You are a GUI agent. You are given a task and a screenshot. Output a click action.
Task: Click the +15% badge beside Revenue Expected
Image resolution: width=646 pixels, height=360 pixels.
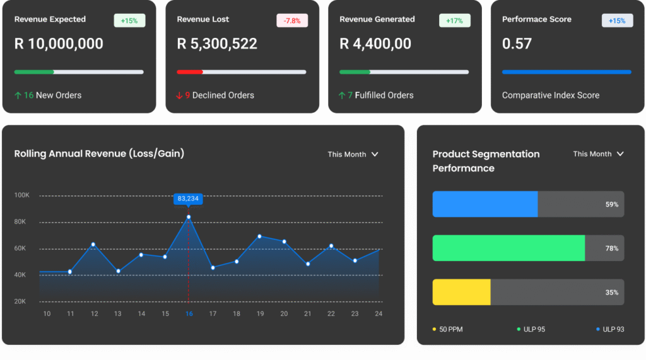[x=129, y=21]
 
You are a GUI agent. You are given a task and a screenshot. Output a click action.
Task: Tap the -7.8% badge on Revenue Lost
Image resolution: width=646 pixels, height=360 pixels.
[x=291, y=21]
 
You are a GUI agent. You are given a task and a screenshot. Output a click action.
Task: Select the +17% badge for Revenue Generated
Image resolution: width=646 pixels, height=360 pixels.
[x=454, y=21]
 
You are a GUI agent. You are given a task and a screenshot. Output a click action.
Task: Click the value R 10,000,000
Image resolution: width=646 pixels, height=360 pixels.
[x=59, y=44]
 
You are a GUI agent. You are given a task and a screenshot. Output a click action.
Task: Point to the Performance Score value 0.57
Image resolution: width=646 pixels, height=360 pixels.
[x=517, y=44]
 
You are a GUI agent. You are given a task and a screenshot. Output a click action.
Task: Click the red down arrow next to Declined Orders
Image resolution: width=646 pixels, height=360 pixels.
[x=179, y=96]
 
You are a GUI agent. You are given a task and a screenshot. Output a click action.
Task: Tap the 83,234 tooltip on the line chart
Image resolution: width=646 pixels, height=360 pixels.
[x=188, y=199]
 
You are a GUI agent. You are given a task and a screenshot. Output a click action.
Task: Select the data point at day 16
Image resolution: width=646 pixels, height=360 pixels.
[x=188, y=217]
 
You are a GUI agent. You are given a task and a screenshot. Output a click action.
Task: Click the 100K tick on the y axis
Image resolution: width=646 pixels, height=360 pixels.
[x=22, y=195]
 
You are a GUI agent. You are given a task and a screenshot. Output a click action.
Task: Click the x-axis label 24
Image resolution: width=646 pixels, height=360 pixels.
[x=379, y=313]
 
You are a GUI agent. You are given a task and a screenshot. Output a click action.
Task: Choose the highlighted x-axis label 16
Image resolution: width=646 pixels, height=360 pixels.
[x=189, y=313]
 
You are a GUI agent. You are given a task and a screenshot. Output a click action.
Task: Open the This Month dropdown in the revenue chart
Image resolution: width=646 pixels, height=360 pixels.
[x=353, y=154]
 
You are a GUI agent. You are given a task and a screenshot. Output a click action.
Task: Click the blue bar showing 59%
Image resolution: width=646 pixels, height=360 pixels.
[x=484, y=204]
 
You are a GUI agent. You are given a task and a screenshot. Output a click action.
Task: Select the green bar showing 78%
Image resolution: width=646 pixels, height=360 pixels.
[x=508, y=248]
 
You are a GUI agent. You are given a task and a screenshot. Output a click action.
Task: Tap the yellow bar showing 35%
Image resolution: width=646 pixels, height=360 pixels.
[x=461, y=293]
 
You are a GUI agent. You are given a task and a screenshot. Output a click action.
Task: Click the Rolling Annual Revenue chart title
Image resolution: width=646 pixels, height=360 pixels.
[x=99, y=153]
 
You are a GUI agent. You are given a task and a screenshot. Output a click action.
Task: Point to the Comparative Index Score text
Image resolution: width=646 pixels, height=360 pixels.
[x=551, y=96]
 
